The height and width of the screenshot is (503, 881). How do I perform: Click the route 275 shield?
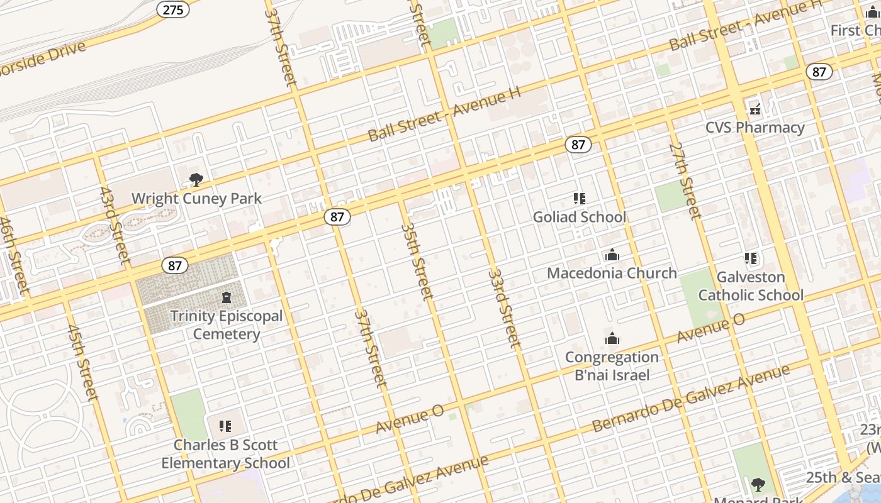point(173,9)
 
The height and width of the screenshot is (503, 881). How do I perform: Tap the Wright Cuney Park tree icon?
point(196,180)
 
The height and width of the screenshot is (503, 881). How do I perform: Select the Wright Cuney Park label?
point(196,199)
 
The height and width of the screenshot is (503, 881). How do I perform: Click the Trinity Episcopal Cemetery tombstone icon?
point(227,297)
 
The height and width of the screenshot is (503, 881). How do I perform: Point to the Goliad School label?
point(579,218)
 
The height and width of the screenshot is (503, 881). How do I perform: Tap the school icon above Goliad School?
point(580,199)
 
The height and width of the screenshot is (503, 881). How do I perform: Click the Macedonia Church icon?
point(612,255)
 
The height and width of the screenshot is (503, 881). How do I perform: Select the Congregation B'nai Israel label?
point(612,366)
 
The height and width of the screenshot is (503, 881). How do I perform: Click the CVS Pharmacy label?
point(755,128)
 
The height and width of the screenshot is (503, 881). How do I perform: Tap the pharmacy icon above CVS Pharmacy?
point(755,109)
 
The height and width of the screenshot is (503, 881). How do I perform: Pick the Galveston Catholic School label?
point(751,286)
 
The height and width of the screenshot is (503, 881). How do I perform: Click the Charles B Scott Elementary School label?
point(225,454)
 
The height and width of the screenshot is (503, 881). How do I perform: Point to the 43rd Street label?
point(115,225)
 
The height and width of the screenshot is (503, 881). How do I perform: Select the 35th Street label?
point(417,261)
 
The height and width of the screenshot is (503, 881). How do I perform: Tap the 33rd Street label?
point(505,309)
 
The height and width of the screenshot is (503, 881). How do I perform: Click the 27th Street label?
point(685,181)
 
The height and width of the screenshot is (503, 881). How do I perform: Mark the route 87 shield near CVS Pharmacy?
point(819,72)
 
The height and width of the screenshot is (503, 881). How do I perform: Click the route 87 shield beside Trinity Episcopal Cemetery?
point(174,265)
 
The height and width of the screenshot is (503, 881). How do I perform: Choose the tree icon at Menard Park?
point(758,484)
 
